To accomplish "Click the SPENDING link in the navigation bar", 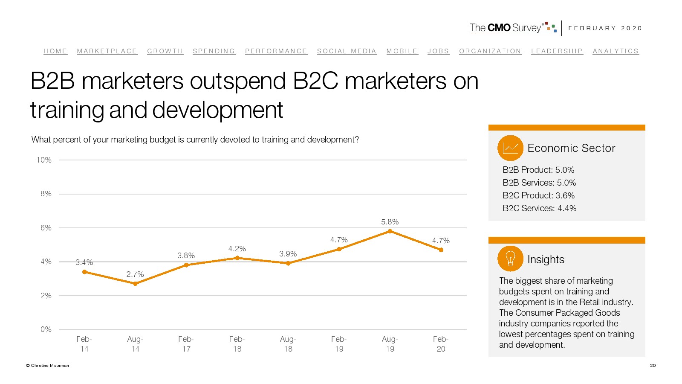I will (214, 51).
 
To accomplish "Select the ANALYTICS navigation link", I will (616, 51).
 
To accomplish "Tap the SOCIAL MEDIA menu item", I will (347, 51).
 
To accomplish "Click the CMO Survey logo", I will (513, 28).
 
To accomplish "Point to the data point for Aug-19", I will (390, 231).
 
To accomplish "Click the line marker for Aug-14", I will (135, 284).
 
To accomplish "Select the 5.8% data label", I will (390, 222).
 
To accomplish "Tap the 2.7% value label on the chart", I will (135, 274).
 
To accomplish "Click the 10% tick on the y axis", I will (44, 160).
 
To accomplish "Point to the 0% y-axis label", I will (46, 329).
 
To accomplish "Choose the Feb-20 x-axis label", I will (441, 344).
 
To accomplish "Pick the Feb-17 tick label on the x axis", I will (186, 344).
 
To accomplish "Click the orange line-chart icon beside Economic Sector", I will (510, 148).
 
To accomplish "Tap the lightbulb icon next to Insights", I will (510, 259).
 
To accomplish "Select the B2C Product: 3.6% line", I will (538, 195).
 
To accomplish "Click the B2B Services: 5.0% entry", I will (539, 183).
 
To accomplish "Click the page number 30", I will (653, 366).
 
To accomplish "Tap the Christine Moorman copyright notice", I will (48, 366).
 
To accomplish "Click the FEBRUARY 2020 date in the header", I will (605, 28).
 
